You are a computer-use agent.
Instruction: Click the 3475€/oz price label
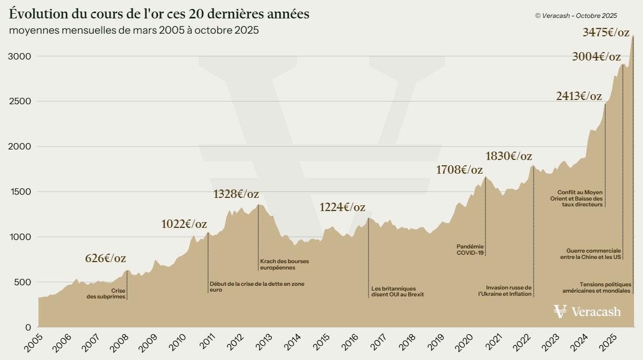point(606,32)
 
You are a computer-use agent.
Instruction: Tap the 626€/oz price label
point(105,258)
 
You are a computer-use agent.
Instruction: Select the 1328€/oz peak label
point(236,194)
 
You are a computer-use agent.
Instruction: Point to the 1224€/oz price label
point(342,207)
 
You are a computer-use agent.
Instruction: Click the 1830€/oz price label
point(508,156)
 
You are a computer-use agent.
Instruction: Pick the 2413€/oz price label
point(579,96)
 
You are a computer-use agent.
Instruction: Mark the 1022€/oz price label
point(184,224)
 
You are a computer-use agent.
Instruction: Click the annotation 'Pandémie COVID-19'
point(470,249)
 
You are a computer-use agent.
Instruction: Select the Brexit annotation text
point(397,292)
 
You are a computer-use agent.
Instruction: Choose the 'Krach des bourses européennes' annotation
point(284,264)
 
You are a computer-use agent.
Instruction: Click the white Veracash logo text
point(596,312)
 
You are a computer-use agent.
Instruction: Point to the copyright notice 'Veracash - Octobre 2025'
point(576,16)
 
